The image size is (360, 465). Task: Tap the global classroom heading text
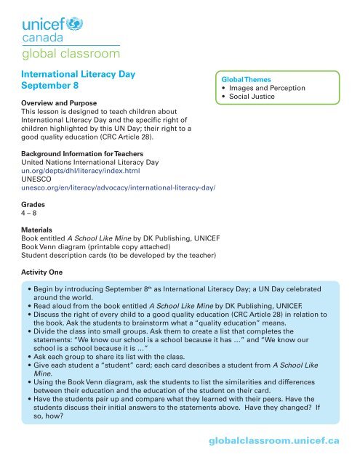71,53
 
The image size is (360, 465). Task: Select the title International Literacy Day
82,73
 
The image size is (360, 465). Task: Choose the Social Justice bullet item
260,97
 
